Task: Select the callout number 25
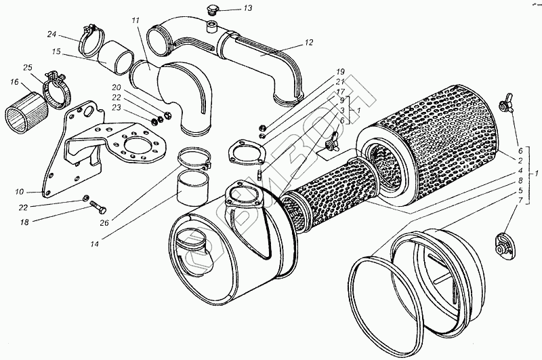27,68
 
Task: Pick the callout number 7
519,200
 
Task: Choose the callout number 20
117,88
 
